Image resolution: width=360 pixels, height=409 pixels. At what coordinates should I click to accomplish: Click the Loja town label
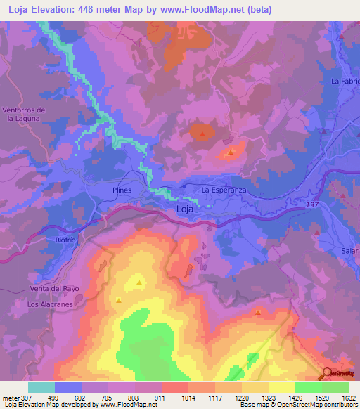coord(185,209)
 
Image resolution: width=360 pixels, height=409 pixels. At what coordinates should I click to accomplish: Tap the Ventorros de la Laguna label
coord(24,115)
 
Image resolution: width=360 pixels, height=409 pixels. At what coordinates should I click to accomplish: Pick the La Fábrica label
coord(345,82)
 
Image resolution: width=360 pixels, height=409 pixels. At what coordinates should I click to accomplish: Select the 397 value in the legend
coord(21,398)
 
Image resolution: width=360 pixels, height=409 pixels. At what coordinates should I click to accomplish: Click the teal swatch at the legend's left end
coord(41,387)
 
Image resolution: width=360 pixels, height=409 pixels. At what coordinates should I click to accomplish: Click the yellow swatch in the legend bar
coord(281,387)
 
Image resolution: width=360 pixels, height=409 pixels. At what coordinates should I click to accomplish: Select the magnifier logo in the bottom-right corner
coord(328,373)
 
